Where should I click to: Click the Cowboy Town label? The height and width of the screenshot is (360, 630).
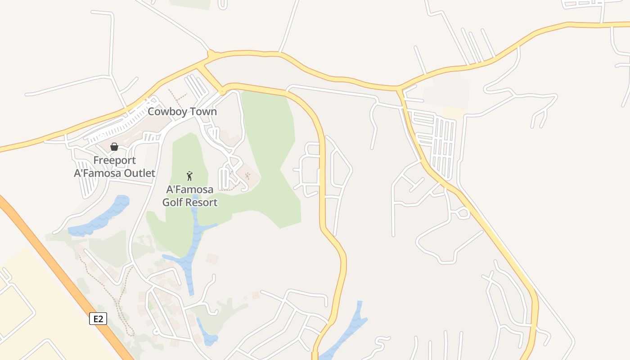coord(182,112)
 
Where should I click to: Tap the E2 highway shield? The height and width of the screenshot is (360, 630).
coord(99,319)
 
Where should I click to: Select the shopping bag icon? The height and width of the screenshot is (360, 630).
coord(114,147)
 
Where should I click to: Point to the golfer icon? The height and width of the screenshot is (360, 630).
coord(189,175)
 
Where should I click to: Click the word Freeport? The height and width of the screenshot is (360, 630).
coord(114,161)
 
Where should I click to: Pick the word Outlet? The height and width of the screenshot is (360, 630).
coord(141,173)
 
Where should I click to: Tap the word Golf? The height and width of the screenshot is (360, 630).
coord(172,202)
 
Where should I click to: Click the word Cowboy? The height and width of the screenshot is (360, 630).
coord(166,112)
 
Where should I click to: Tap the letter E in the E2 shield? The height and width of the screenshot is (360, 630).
coord(96,319)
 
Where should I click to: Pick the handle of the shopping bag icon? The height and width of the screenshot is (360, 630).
coord(114,144)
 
